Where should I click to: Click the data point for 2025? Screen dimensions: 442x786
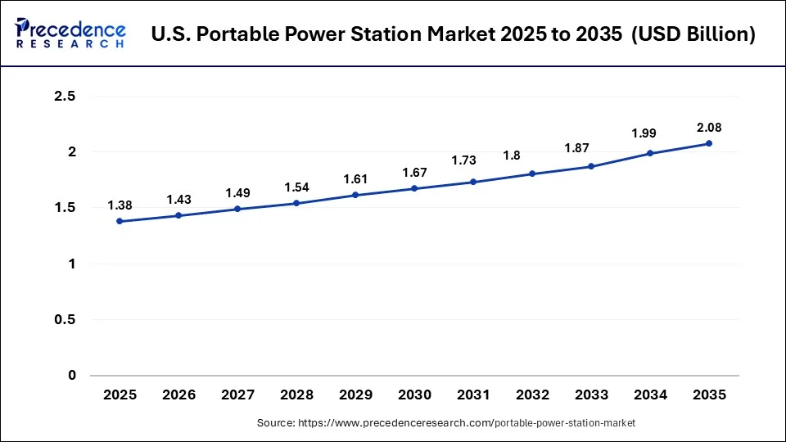pyautogui.click(x=120, y=221)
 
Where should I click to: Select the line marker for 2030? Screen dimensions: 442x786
pyautogui.click(x=414, y=188)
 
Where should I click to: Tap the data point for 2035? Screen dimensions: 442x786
pyautogui.click(x=709, y=143)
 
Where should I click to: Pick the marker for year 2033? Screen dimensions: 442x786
pyautogui.click(x=591, y=166)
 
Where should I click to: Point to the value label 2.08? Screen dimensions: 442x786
pyautogui.click(x=709, y=128)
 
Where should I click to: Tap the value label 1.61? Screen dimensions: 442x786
pyautogui.click(x=355, y=178)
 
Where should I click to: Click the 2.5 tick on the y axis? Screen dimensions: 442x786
pyautogui.click(x=64, y=97)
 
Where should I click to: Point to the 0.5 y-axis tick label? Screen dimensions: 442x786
pyautogui.click(x=64, y=320)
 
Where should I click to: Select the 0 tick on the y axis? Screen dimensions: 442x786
pyautogui.click(x=71, y=376)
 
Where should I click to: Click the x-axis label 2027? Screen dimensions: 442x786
pyautogui.click(x=237, y=395)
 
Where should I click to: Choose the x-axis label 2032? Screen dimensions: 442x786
pyautogui.click(x=532, y=395)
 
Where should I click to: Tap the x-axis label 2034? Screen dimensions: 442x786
pyautogui.click(x=650, y=395)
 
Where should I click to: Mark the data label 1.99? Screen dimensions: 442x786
pyautogui.click(x=650, y=133)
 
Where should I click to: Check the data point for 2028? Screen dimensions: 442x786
pyautogui.click(x=296, y=203)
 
